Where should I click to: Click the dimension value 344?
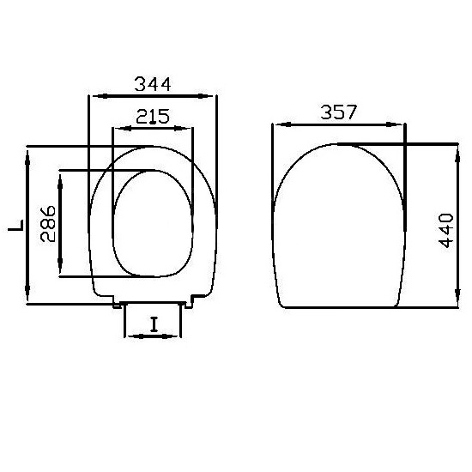point(153,84)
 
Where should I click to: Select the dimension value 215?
point(153,117)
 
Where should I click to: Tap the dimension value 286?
point(48,224)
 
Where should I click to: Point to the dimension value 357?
point(339,112)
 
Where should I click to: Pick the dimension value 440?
point(446,230)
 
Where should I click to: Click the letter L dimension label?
point(16,226)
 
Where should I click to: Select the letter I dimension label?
point(154,324)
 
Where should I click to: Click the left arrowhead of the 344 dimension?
point(100,96)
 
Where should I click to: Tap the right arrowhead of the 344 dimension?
point(205,96)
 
